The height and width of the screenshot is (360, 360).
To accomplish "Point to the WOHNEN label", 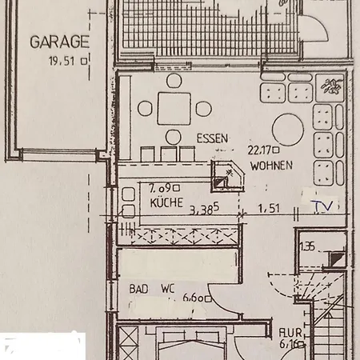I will tap(270, 166).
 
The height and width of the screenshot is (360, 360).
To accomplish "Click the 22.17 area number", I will tap(262, 149).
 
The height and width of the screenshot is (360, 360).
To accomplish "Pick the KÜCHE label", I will tap(166, 203).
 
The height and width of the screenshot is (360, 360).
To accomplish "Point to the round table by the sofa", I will tap(286, 127).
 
